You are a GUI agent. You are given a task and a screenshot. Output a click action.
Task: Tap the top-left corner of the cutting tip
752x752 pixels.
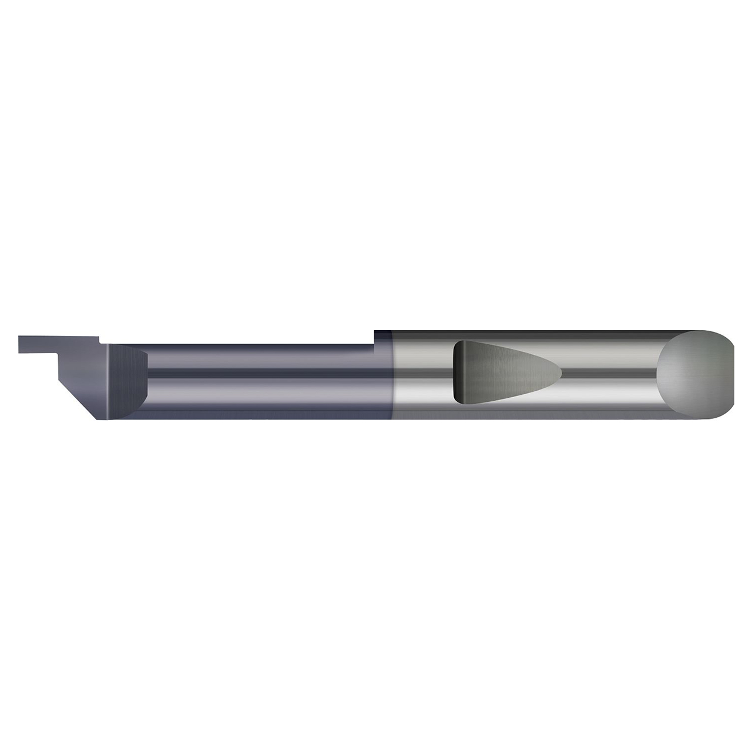[x=20, y=337]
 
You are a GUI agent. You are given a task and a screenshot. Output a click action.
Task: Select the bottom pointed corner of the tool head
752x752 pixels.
[x=99, y=419]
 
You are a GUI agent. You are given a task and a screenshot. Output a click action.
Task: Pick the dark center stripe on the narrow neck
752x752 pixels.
[x=264, y=374]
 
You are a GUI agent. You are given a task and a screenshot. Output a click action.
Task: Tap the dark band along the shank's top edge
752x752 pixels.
[x=529, y=334]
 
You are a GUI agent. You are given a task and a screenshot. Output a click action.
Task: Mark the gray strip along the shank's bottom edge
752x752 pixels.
[x=529, y=415]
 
